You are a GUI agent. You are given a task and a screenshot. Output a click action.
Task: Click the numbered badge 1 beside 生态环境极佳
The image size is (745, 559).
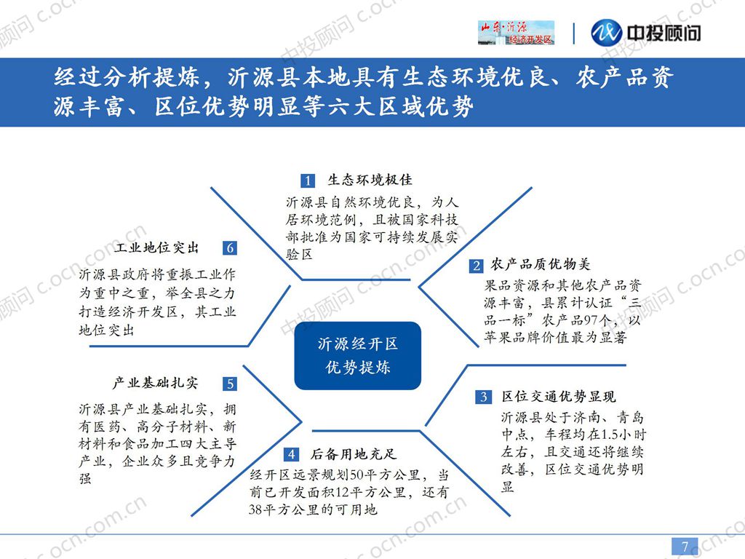pyautogui.click(x=308, y=181)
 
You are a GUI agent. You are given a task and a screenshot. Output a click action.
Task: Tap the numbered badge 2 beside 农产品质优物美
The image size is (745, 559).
pyautogui.click(x=476, y=265)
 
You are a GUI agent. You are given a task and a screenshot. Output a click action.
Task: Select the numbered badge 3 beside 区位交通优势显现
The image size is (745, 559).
pyautogui.click(x=483, y=397)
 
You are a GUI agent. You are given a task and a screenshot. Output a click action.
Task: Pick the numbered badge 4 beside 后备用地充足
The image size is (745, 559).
pyautogui.click(x=291, y=454)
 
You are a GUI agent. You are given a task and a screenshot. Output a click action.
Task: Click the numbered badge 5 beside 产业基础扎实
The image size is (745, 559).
pyautogui.click(x=230, y=384)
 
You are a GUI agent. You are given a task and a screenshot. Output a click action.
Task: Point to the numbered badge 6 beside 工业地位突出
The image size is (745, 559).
pyautogui.click(x=230, y=247)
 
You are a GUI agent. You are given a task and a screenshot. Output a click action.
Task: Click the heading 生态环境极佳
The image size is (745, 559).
pyautogui.click(x=370, y=180)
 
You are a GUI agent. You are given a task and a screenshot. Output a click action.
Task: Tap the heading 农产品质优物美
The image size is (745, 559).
pyautogui.click(x=541, y=263)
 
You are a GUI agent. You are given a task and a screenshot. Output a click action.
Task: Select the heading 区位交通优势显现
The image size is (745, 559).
pyautogui.click(x=559, y=396)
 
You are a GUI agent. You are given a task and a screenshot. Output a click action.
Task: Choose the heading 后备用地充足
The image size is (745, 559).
pyautogui.click(x=354, y=454)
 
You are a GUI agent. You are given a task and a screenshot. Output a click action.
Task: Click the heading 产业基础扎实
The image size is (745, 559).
pyautogui.click(x=155, y=383)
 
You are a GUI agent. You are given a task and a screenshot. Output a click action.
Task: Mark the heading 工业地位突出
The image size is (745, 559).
pyautogui.click(x=156, y=247)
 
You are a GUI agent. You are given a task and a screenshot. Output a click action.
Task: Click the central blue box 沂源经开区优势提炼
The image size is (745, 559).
pyautogui.click(x=358, y=355)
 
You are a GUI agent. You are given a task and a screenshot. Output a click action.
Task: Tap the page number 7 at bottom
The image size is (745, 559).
pyautogui.click(x=685, y=546)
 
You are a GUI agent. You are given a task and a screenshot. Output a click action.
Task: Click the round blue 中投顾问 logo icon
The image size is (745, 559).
pyautogui.click(x=606, y=33)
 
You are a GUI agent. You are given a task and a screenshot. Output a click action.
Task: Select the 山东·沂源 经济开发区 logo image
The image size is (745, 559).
pyautogui.click(x=516, y=33)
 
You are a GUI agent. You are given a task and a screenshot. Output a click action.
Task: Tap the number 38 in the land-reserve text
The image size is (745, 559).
pyautogui.click(x=256, y=510)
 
